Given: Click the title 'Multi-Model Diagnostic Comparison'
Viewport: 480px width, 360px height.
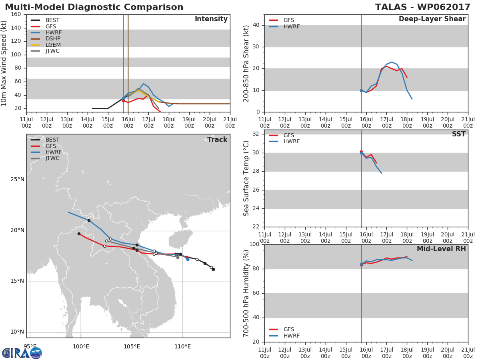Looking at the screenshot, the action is click(94, 7).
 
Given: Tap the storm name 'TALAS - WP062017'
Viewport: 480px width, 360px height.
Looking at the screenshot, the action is click(422, 7).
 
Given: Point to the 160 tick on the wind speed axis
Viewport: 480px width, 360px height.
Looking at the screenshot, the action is click(16, 14).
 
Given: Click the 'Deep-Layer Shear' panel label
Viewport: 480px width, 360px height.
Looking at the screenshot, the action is click(432, 19).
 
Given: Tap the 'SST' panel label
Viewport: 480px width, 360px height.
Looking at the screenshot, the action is click(458, 134).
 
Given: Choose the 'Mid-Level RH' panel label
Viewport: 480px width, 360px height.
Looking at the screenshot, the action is click(441, 249).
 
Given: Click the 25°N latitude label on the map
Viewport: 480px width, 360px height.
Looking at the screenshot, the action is click(17, 180).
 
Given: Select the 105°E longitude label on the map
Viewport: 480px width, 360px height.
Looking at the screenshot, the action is click(132, 347).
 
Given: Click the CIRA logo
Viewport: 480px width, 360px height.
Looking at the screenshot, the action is click(22, 352).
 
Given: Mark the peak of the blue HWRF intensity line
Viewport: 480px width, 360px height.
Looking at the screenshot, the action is click(144, 84).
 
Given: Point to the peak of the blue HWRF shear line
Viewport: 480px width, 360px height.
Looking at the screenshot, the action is click(392, 62).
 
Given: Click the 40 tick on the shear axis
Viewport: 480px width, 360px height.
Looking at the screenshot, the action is click(256, 25).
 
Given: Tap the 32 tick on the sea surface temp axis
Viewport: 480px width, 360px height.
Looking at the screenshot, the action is click(256, 134).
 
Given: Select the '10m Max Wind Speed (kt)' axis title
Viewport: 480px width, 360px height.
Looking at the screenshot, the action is click(4, 63).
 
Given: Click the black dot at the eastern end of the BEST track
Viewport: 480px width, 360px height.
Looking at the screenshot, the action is click(214, 270).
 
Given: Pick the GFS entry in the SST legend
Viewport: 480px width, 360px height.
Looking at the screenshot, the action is click(282, 135).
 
